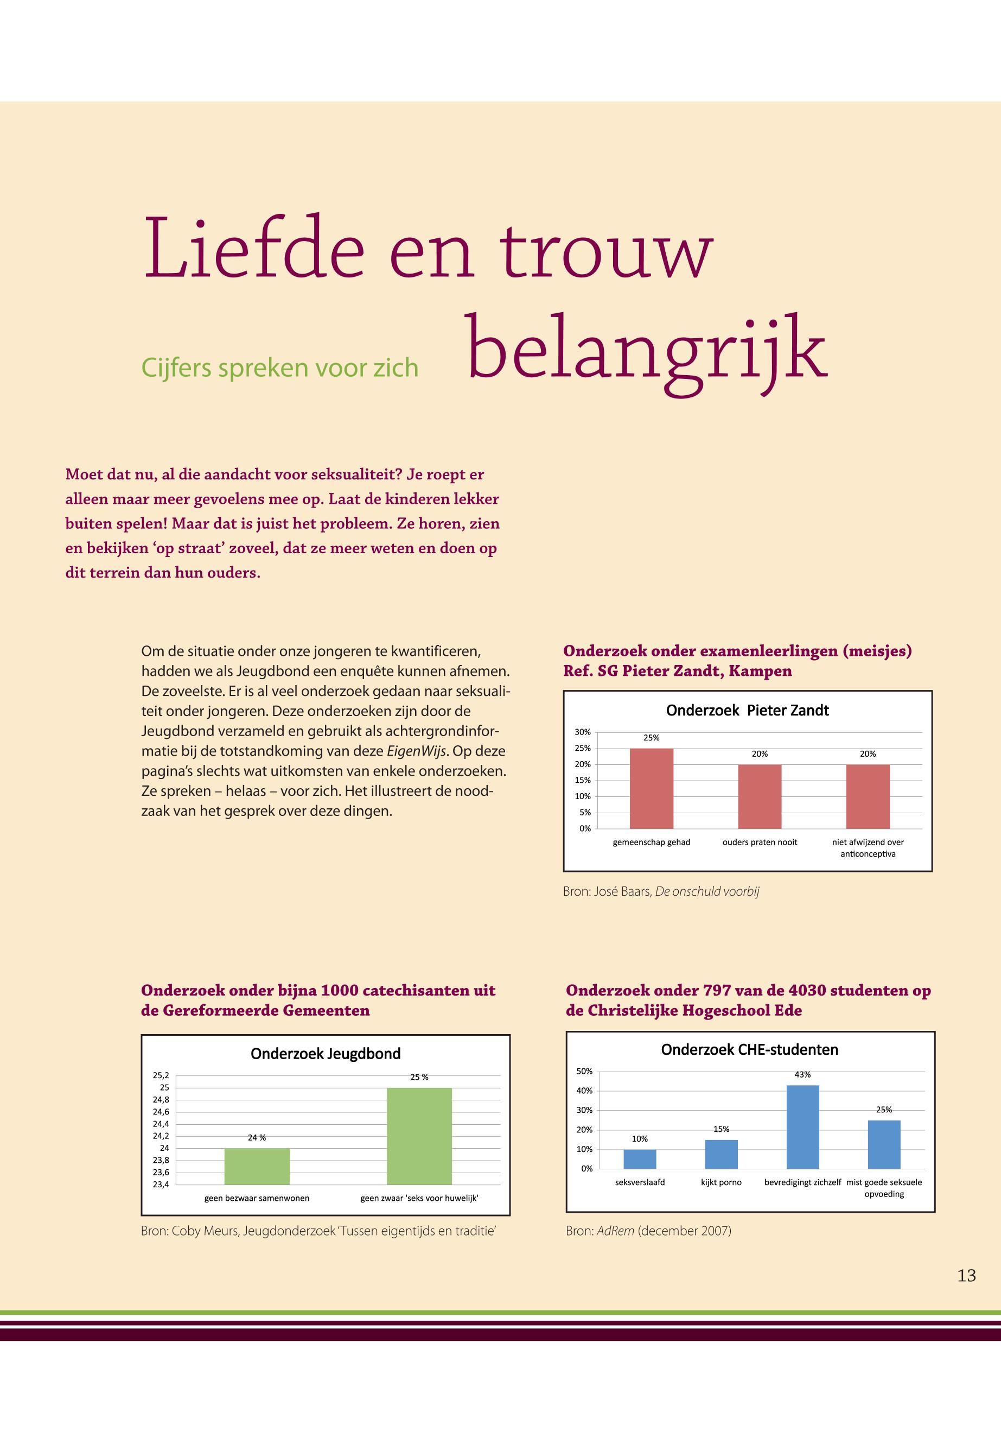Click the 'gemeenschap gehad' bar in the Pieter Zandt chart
(651, 788)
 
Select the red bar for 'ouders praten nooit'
(760, 796)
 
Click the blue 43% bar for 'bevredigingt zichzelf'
(802, 1127)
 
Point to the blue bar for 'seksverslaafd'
(640, 1159)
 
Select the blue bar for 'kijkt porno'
(721, 1154)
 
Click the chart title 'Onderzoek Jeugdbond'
(326, 1054)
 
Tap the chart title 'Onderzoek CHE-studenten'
(749, 1050)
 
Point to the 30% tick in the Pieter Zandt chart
(583, 732)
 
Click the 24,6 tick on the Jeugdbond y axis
(161, 1111)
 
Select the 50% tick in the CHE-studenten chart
(584, 1071)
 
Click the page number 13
(966, 1276)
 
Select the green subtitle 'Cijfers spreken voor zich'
(280, 368)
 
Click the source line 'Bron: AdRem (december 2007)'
(648, 1231)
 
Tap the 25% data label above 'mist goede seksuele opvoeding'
(884, 1110)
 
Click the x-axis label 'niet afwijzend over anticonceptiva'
(868, 848)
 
